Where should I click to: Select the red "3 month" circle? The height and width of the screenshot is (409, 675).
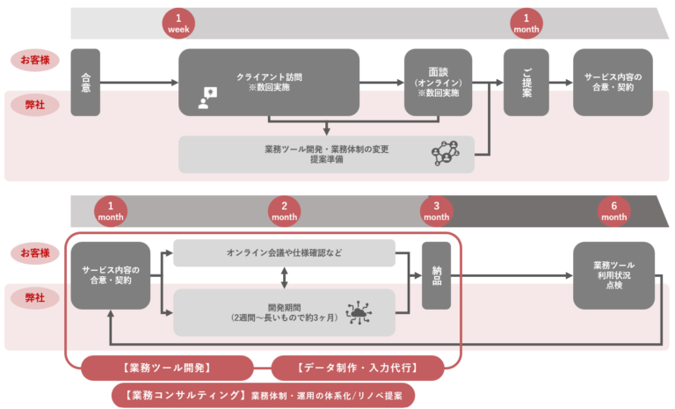(436, 210)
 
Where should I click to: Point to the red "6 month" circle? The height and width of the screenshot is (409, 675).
(614, 210)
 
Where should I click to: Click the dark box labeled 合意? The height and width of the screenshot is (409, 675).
(86, 83)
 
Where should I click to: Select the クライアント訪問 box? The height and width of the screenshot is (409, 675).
(269, 82)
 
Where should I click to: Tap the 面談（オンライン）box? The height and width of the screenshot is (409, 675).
(439, 82)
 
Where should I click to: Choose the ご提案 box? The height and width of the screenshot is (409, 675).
(526, 82)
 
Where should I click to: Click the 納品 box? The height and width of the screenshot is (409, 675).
(437, 274)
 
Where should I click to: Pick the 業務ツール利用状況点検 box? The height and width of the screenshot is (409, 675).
(613, 275)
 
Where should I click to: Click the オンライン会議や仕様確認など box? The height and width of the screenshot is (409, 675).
(284, 253)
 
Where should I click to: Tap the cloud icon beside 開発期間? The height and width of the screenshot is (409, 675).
(359, 311)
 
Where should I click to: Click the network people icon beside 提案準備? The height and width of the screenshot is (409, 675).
(446, 154)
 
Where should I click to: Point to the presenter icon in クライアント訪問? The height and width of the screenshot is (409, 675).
(207, 98)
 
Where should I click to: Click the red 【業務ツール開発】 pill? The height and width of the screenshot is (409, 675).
(167, 367)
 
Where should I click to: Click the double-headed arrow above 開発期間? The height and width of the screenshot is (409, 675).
(284, 278)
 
